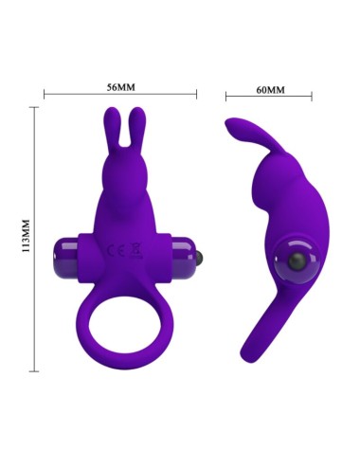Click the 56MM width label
(120, 87)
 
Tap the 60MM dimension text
(270, 89)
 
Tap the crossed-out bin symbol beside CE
(134, 252)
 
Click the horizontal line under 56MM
(120, 95)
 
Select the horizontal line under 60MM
(270, 97)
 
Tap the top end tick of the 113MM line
(36, 107)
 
